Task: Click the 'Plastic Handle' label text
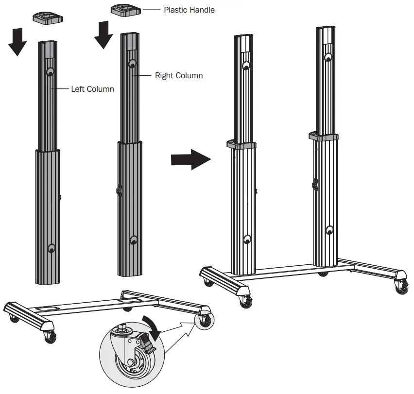(x=189, y=10)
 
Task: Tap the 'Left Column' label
(x=92, y=89)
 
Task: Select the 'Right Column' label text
(x=179, y=75)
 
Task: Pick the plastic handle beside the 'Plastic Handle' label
(x=125, y=9)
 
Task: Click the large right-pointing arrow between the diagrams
(x=190, y=159)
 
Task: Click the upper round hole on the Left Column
(x=50, y=72)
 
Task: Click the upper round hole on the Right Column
(x=132, y=63)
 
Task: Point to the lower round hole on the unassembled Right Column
(x=134, y=240)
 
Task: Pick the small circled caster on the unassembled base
(x=205, y=319)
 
